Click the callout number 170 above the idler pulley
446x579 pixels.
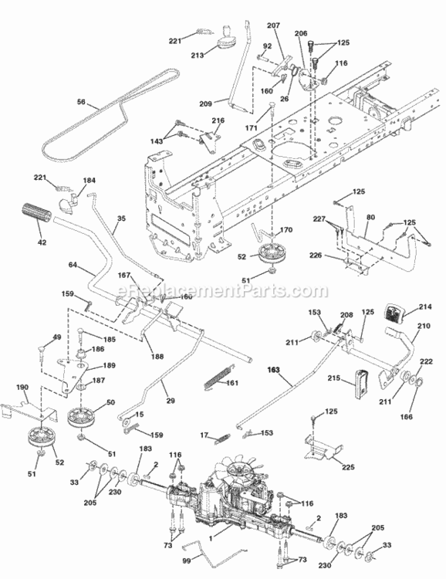pyautogui.click(x=286, y=229)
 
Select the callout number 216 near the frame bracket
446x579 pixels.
pyautogui.click(x=218, y=121)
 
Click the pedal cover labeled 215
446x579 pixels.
pyautogui.click(x=362, y=382)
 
